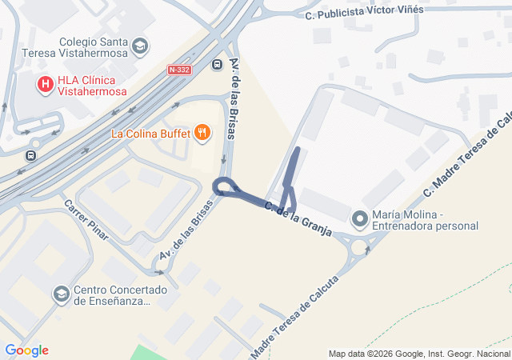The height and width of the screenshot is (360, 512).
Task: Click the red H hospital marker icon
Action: click(46, 82)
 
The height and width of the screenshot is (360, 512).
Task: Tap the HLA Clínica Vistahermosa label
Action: click(92, 86)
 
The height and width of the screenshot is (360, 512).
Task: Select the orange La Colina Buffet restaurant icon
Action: click(202, 133)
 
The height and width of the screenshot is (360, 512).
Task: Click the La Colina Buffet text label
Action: click(150, 134)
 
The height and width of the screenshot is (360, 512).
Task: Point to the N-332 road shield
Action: click(179, 70)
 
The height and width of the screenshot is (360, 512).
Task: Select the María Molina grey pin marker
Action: click(360, 218)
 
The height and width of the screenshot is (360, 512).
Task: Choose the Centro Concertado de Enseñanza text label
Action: click(119, 295)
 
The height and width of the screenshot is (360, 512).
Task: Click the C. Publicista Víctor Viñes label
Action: click(365, 13)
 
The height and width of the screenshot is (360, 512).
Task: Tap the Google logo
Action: click(26, 350)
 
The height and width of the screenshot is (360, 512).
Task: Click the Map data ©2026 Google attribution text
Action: click(419, 354)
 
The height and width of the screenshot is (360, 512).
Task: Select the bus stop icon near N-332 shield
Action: click(217, 64)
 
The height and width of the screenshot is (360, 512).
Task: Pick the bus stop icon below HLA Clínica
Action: click(31, 155)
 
